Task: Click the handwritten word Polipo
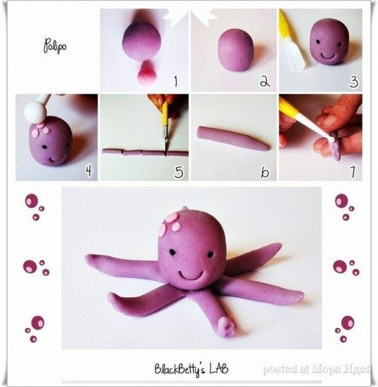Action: point(55,46)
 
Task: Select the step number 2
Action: point(265,81)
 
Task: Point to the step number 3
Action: point(353,82)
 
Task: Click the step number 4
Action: point(89,170)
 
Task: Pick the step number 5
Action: point(179,171)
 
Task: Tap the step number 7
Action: point(353,171)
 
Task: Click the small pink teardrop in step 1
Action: point(147,73)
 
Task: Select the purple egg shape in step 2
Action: point(235,50)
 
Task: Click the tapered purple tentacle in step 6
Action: point(233,138)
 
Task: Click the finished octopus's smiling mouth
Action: point(191,276)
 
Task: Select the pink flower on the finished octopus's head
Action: point(170,224)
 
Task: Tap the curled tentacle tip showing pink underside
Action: point(227,327)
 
